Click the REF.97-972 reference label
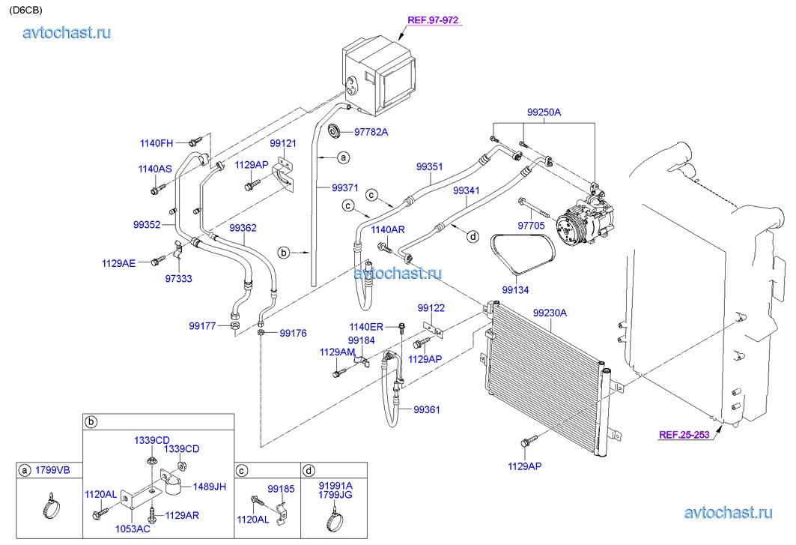[433, 20]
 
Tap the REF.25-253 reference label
[684, 435]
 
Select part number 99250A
[544, 112]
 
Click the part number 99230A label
[550, 313]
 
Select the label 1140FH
[157, 143]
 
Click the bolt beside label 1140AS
[155, 190]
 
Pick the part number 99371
[344, 188]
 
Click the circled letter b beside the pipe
[284, 252]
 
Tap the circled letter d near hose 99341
[473, 236]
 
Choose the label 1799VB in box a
[52, 470]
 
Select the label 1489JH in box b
[209, 487]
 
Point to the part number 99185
[281, 489]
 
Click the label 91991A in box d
[335, 486]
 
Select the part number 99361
[426, 410]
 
